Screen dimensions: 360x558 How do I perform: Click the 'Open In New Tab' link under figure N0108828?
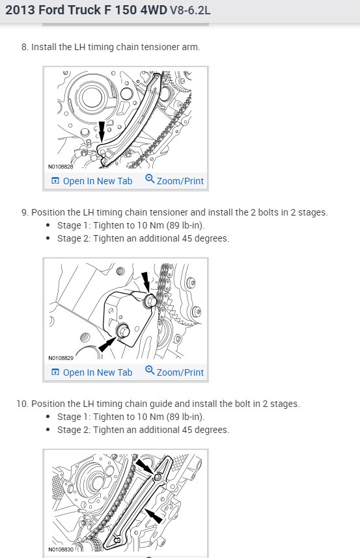pos(98,181)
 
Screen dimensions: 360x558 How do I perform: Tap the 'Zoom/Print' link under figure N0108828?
pos(180,181)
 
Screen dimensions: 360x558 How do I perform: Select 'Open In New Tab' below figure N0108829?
pos(98,372)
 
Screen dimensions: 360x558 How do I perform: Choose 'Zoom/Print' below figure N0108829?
pos(180,372)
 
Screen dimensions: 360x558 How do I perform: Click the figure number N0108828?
pos(61,167)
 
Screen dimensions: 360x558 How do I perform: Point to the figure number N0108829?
pos(61,358)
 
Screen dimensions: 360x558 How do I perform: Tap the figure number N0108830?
pos(61,550)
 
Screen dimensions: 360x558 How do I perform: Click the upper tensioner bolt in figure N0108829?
pos(150,301)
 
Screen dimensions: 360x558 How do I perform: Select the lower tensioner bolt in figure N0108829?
pos(123,331)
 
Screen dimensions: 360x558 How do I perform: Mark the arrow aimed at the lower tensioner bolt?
pos(107,344)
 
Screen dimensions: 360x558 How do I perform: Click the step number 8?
pos(25,48)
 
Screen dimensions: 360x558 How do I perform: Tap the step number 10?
pos(22,404)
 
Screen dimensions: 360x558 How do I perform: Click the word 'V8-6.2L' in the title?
pos(190,10)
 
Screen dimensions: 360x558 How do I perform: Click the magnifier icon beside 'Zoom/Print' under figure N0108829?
pos(150,370)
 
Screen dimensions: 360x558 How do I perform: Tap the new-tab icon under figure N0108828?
pos(55,181)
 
